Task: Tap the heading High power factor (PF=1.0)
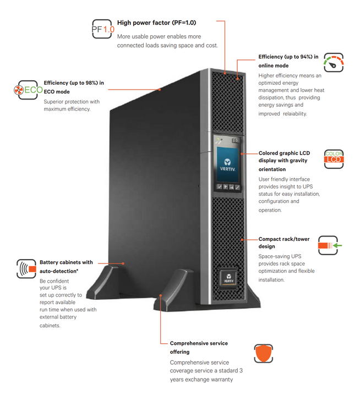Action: tap(156, 23)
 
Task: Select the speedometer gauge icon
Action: tap(334, 63)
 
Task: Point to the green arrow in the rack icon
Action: tap(337, 245)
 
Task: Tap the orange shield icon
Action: tap(263, 354)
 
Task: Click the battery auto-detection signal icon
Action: tap(26, 268)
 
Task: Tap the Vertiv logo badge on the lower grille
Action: tap(228, 277)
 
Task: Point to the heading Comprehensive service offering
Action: tap(198, 347)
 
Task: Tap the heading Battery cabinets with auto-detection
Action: tap(66, 266)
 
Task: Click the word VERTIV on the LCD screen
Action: tap(226, 169)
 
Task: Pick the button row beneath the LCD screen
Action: tap(226, 187)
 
